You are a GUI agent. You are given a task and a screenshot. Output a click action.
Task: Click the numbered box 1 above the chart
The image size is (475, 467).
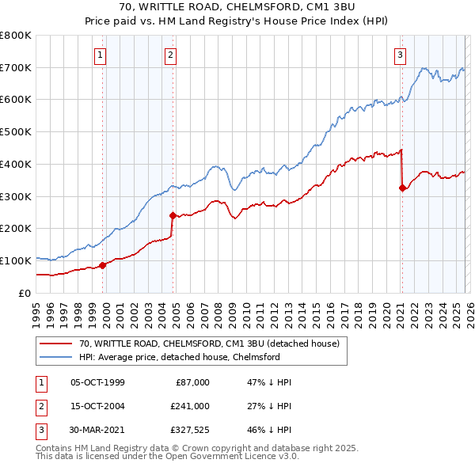pos(101,55)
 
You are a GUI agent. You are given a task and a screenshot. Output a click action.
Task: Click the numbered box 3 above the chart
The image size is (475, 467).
pos(401,55)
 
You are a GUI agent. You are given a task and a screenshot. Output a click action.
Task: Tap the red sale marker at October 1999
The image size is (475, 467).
pos(102,265)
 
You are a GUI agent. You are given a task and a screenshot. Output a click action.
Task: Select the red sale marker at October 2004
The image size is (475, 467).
pos(173,215)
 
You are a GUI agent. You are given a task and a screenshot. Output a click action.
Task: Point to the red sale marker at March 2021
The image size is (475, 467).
pos(402,188)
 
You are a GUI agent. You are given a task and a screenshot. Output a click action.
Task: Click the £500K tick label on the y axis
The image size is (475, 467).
pos(16,132)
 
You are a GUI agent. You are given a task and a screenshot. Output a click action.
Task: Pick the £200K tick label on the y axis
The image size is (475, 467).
pos(16,229)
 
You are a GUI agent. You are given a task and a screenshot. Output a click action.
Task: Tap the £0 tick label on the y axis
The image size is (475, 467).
pos(24,293)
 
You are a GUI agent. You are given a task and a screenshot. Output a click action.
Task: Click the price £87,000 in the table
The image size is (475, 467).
pos(190,382)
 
